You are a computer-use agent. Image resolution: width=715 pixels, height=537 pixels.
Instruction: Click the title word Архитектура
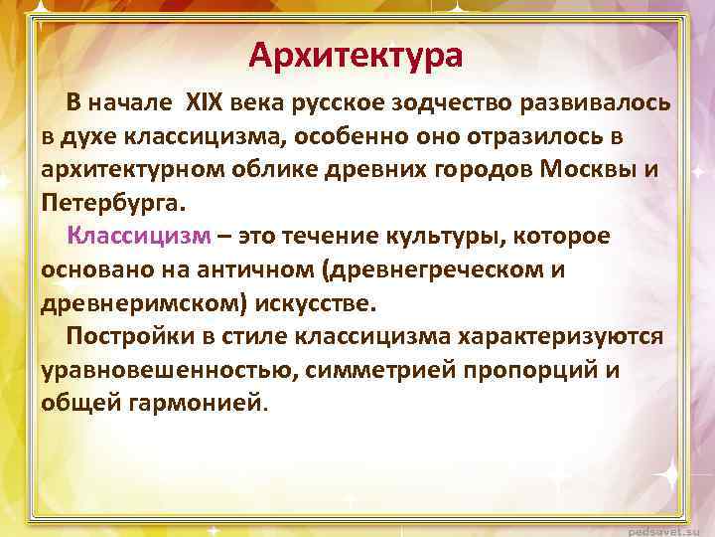pyautogui.click(x=356, y=55)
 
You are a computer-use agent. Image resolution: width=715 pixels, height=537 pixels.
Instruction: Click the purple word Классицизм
pyautogui.click(x=139, y=236)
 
